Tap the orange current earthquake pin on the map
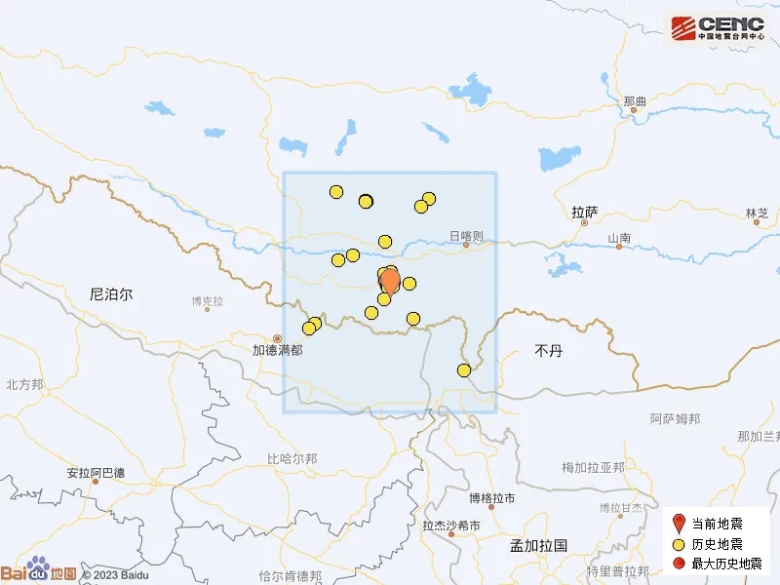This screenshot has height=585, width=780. click(389, 282)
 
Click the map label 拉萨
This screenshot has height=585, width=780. click(584, 211)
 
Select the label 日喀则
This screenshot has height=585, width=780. click(466, 235)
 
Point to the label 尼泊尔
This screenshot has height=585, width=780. click(110, 292)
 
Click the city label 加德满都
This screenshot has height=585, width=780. click(277, 349)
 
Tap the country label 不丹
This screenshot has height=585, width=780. click(549, 350)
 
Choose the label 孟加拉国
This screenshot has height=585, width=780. click(538, 546)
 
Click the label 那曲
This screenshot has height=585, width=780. click(634, 100)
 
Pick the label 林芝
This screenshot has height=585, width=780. click(757, 213)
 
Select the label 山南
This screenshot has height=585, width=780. click(619, 238)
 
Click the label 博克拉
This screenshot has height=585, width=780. click(208, 300)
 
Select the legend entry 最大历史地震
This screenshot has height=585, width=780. click(722, 564)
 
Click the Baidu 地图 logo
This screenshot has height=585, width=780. click(39, 572)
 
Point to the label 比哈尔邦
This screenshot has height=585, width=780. click(292, 458)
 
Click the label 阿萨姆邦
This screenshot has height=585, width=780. click(675, 419)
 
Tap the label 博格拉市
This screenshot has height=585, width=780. click(491, 498)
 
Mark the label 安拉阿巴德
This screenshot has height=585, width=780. click(95, 473)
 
